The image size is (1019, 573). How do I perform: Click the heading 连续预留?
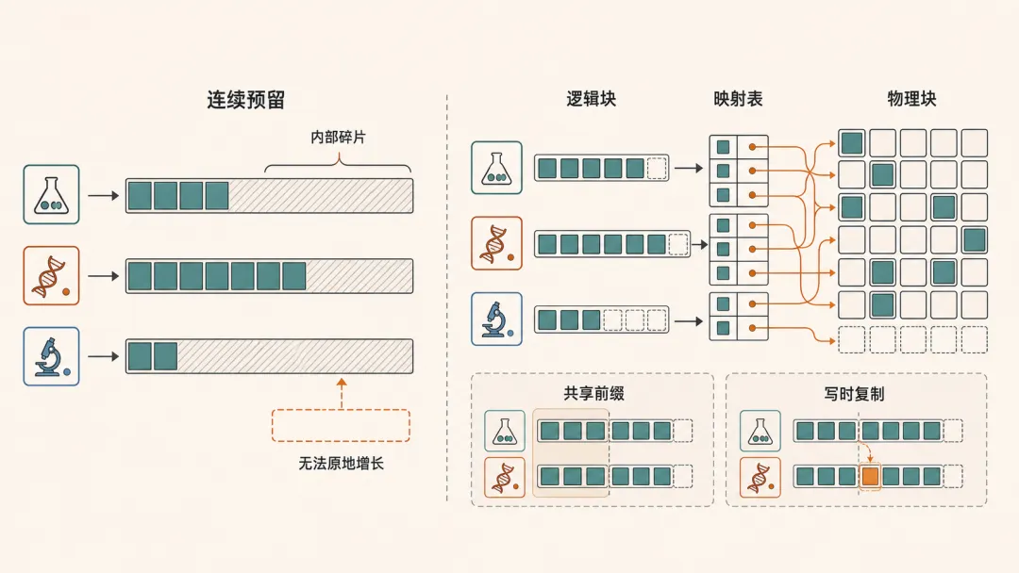pos(245,99)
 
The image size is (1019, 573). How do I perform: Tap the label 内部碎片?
pos(338,137)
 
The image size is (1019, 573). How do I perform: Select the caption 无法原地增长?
pos(342,464)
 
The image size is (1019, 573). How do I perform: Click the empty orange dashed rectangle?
pos(341,426)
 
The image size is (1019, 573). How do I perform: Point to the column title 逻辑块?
pos(591,99)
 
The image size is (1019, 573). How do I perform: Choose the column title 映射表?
pos(738,99)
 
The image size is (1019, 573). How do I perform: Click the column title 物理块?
pos(911,99)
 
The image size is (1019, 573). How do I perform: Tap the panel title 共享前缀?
pos(594,393)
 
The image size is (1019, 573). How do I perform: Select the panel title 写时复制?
pos(854,394)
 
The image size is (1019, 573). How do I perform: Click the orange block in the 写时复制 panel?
pos(870,477)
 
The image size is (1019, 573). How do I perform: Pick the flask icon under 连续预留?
pos(51,195)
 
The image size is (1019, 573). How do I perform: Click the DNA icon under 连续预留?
pos(51,276)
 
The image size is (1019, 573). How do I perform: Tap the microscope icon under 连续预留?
pos(51,356)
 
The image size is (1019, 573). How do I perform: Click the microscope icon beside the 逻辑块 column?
pos(496,319)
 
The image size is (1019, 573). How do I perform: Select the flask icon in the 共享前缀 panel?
pos(505,431)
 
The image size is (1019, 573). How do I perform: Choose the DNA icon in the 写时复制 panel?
pos(760,477)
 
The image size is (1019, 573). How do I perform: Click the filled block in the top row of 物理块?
pos(851,142)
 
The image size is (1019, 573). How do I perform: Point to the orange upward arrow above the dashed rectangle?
pos(342,393)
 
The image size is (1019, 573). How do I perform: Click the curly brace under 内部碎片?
pos(338,163)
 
